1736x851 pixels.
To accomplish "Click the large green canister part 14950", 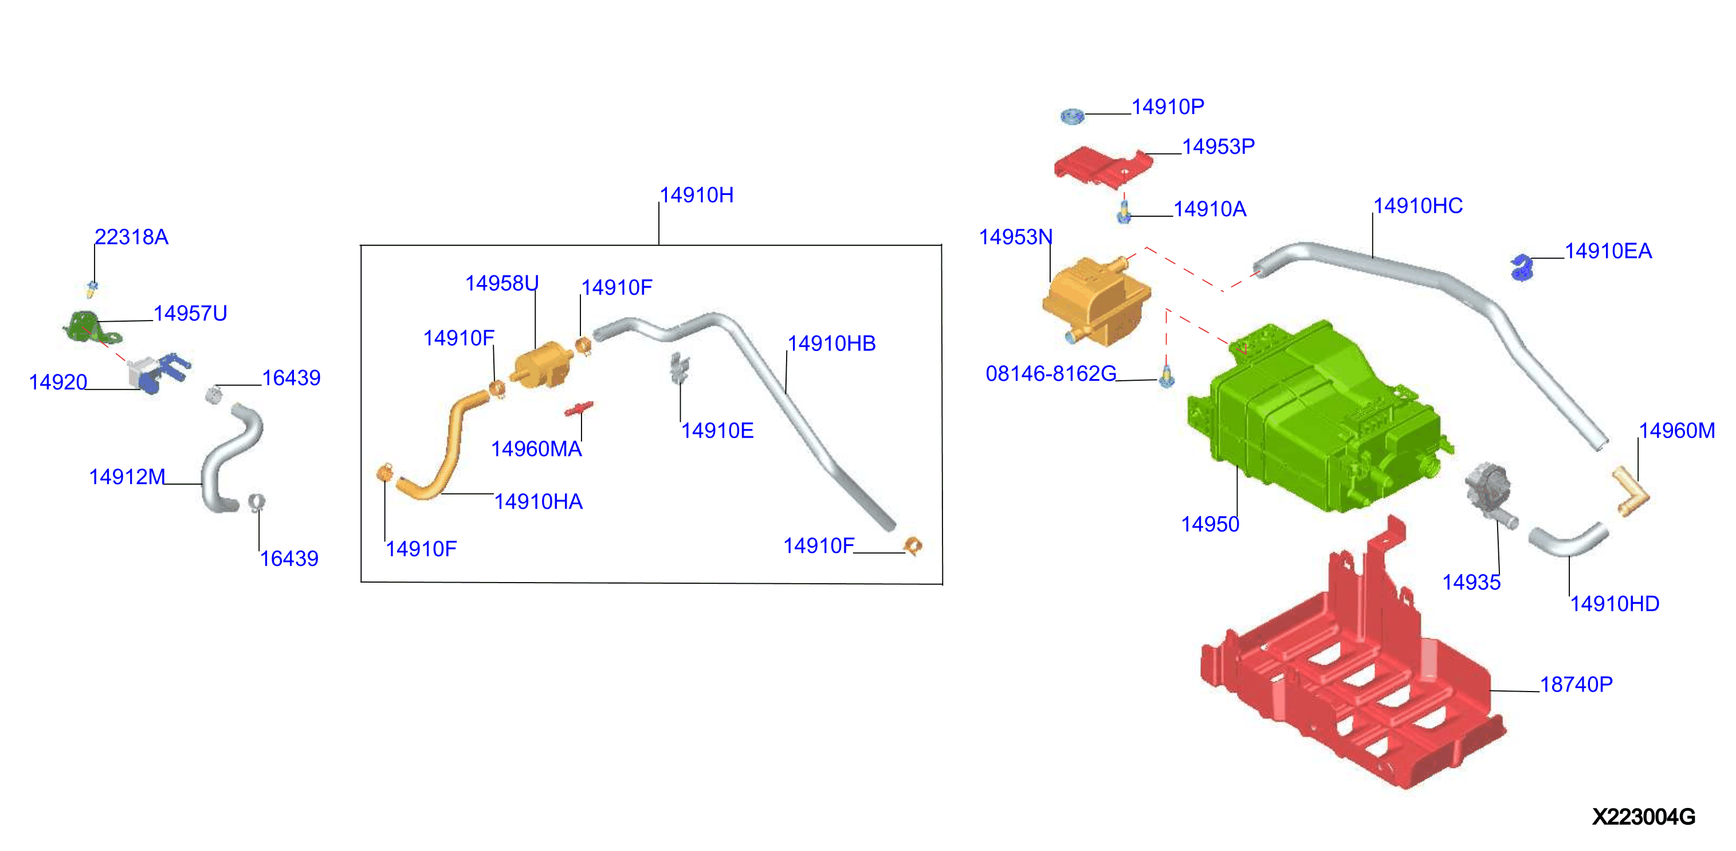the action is point(1314,418).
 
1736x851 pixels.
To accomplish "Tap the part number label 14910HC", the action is point(1418,206).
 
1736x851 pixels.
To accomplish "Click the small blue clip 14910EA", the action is point(1522,267).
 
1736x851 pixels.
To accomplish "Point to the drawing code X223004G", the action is point(1644,817).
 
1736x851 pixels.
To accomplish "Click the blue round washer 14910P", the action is point(1072,116).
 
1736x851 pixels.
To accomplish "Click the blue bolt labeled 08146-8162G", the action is point(1167,376).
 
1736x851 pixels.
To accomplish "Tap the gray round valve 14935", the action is point(1489,490).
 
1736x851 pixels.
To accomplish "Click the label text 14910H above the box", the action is point(696,195).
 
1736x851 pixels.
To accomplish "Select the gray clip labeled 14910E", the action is point(680,368).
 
